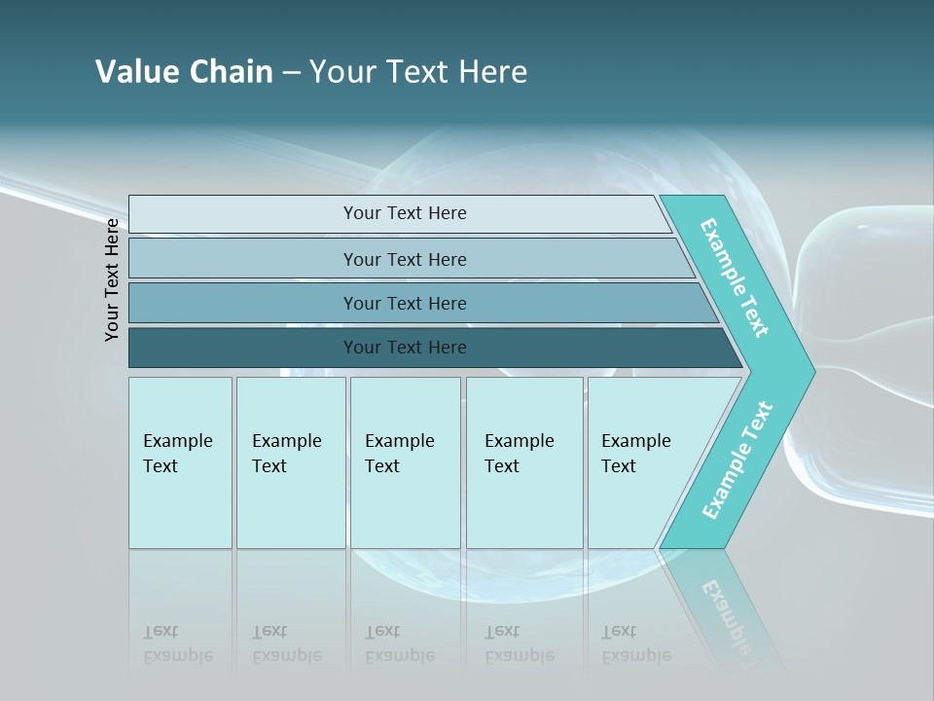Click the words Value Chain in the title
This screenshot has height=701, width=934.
coord(184,72)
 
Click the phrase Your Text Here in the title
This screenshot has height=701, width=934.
coord(418,72)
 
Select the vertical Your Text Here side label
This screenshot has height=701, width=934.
coord(113,279)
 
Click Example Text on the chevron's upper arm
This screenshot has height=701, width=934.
coord(735,277)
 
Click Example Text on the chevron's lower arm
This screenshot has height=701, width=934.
coord(736,461)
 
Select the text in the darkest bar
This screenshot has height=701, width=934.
coord(405,348)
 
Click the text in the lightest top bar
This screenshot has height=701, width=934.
coord(405,213)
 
